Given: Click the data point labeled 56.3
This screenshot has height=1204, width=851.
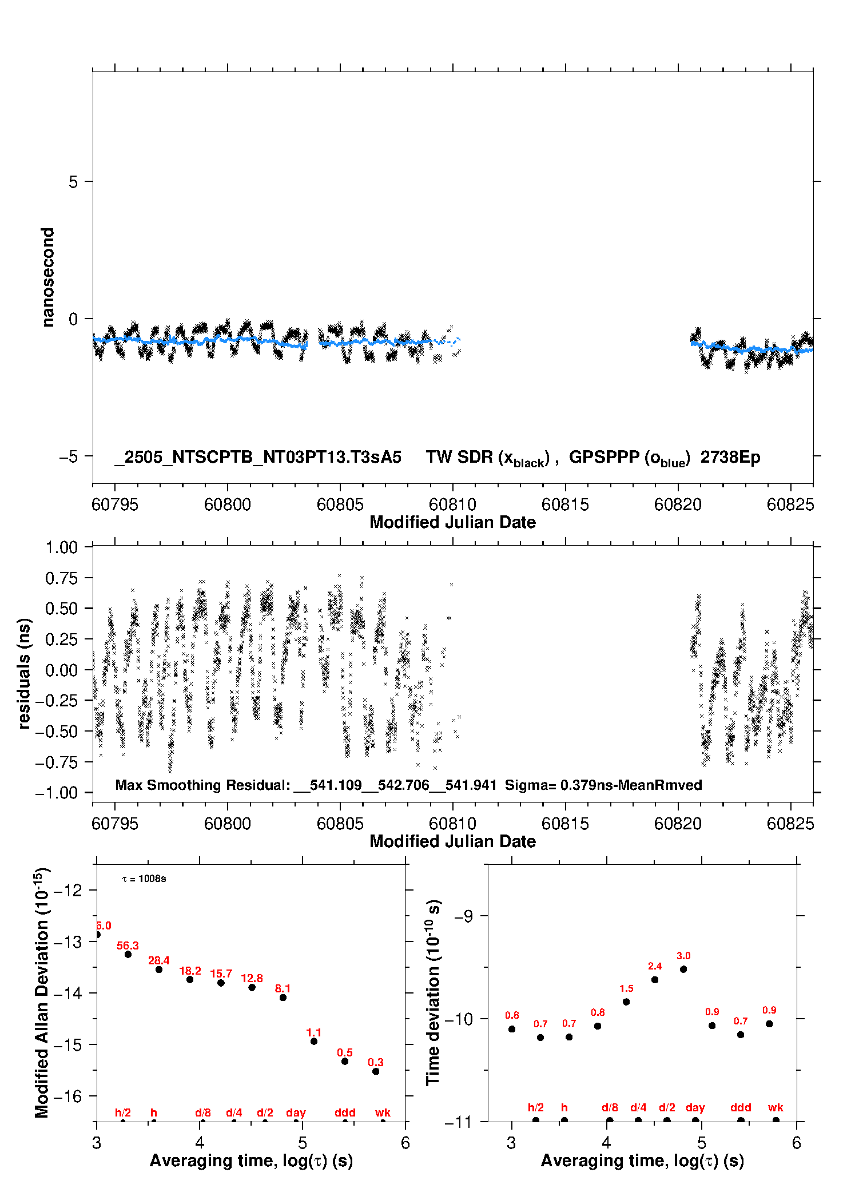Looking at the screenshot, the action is point(128,954).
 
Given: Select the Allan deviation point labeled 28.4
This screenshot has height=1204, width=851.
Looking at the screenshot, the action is point(159,969).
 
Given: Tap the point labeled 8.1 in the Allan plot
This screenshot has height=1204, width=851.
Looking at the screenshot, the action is point(283,998).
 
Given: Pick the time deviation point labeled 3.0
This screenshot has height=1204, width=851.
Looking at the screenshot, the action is point(683,969).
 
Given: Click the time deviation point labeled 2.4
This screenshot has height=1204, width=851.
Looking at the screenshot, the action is point(655,980).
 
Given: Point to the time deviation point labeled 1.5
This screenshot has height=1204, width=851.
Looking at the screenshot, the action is point(626,1002).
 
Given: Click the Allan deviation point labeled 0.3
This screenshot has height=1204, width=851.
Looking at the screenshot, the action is point(376,1071).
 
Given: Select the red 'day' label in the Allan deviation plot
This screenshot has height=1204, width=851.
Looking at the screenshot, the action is point(296,1112).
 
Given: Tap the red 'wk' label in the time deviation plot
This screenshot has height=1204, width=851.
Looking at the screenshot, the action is point(776,1107).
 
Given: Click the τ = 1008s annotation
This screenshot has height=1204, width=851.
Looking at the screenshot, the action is point(144,879).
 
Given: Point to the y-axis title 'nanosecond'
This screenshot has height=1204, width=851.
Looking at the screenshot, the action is point(47,277).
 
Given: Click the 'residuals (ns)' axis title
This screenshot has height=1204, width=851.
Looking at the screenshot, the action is point(24,673).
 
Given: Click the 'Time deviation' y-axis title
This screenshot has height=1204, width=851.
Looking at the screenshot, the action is point(433,993).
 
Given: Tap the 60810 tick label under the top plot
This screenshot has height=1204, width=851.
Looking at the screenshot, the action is point(452,504).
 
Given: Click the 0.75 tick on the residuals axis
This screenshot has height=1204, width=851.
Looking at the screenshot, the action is point(61,578).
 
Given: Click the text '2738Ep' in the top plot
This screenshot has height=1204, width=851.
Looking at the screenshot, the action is point(730,458).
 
